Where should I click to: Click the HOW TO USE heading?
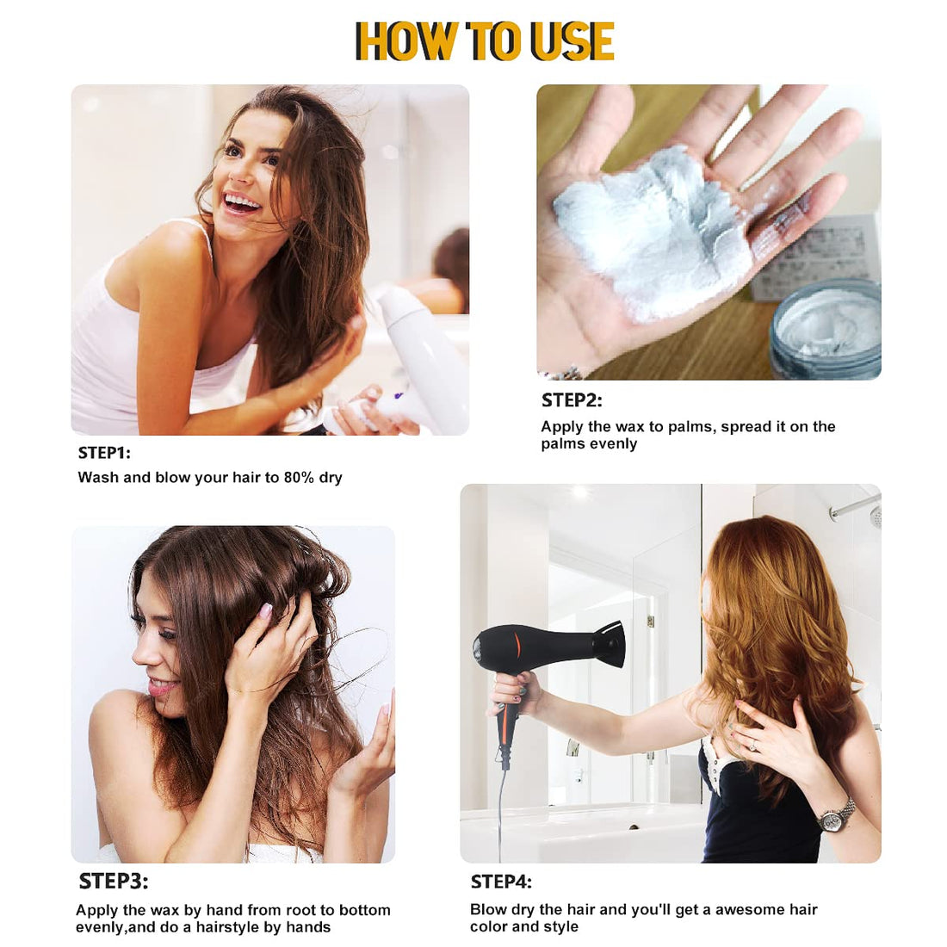pyautogui.click(x=485, y=41)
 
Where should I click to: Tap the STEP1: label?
pyautogui.click(x=104, y=453)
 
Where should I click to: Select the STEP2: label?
pyautogui.click(x=572, y=400)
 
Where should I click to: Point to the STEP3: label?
pyautogui.click(x=113, y=882)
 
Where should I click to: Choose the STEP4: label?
pyautogui.click(x=501, y=882)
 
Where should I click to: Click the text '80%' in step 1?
pyautogui.click(x=299, y=478)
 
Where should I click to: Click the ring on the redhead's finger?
pyautogui.click(x=754, y=747)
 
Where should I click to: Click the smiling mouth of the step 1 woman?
pyautogui.click(x=240, y=202)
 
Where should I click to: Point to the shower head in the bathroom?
pyautogui.click(x=876, y=517)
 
